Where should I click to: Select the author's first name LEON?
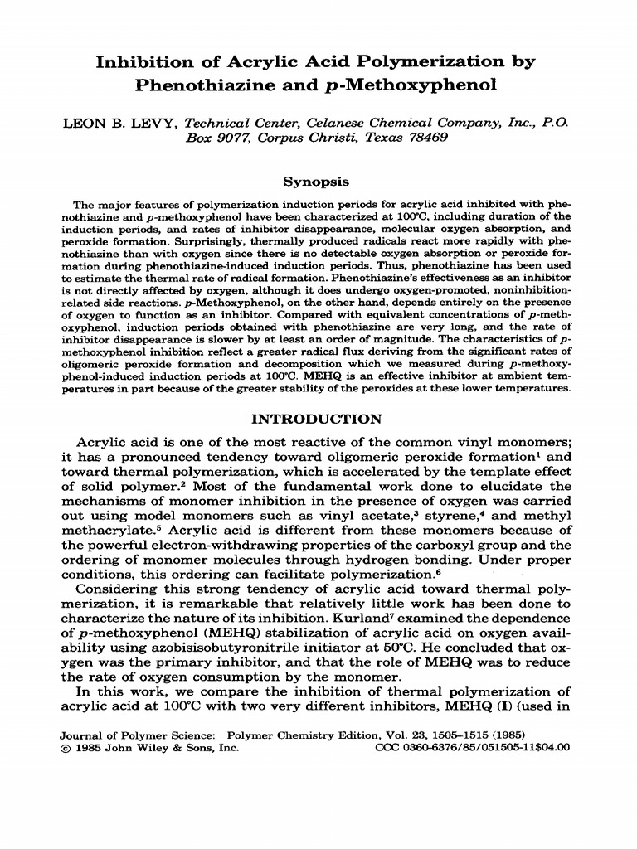(x=83, y=123)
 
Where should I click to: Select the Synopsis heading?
(x=318, y=181)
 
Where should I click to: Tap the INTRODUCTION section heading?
(x=318, y=419)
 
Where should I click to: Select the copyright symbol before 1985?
(x=67, y=747)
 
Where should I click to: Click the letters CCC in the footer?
(x=390, y=747)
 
